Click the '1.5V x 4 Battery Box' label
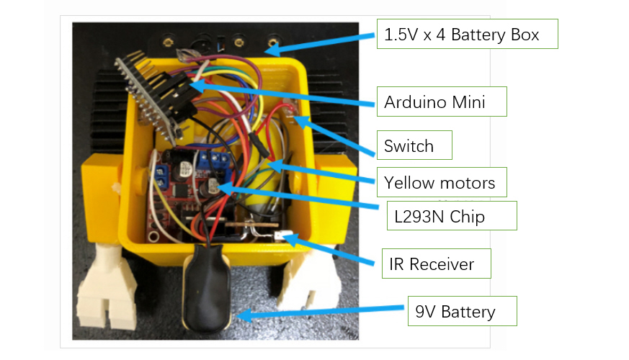point(467,34)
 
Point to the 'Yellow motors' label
point(440,183)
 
